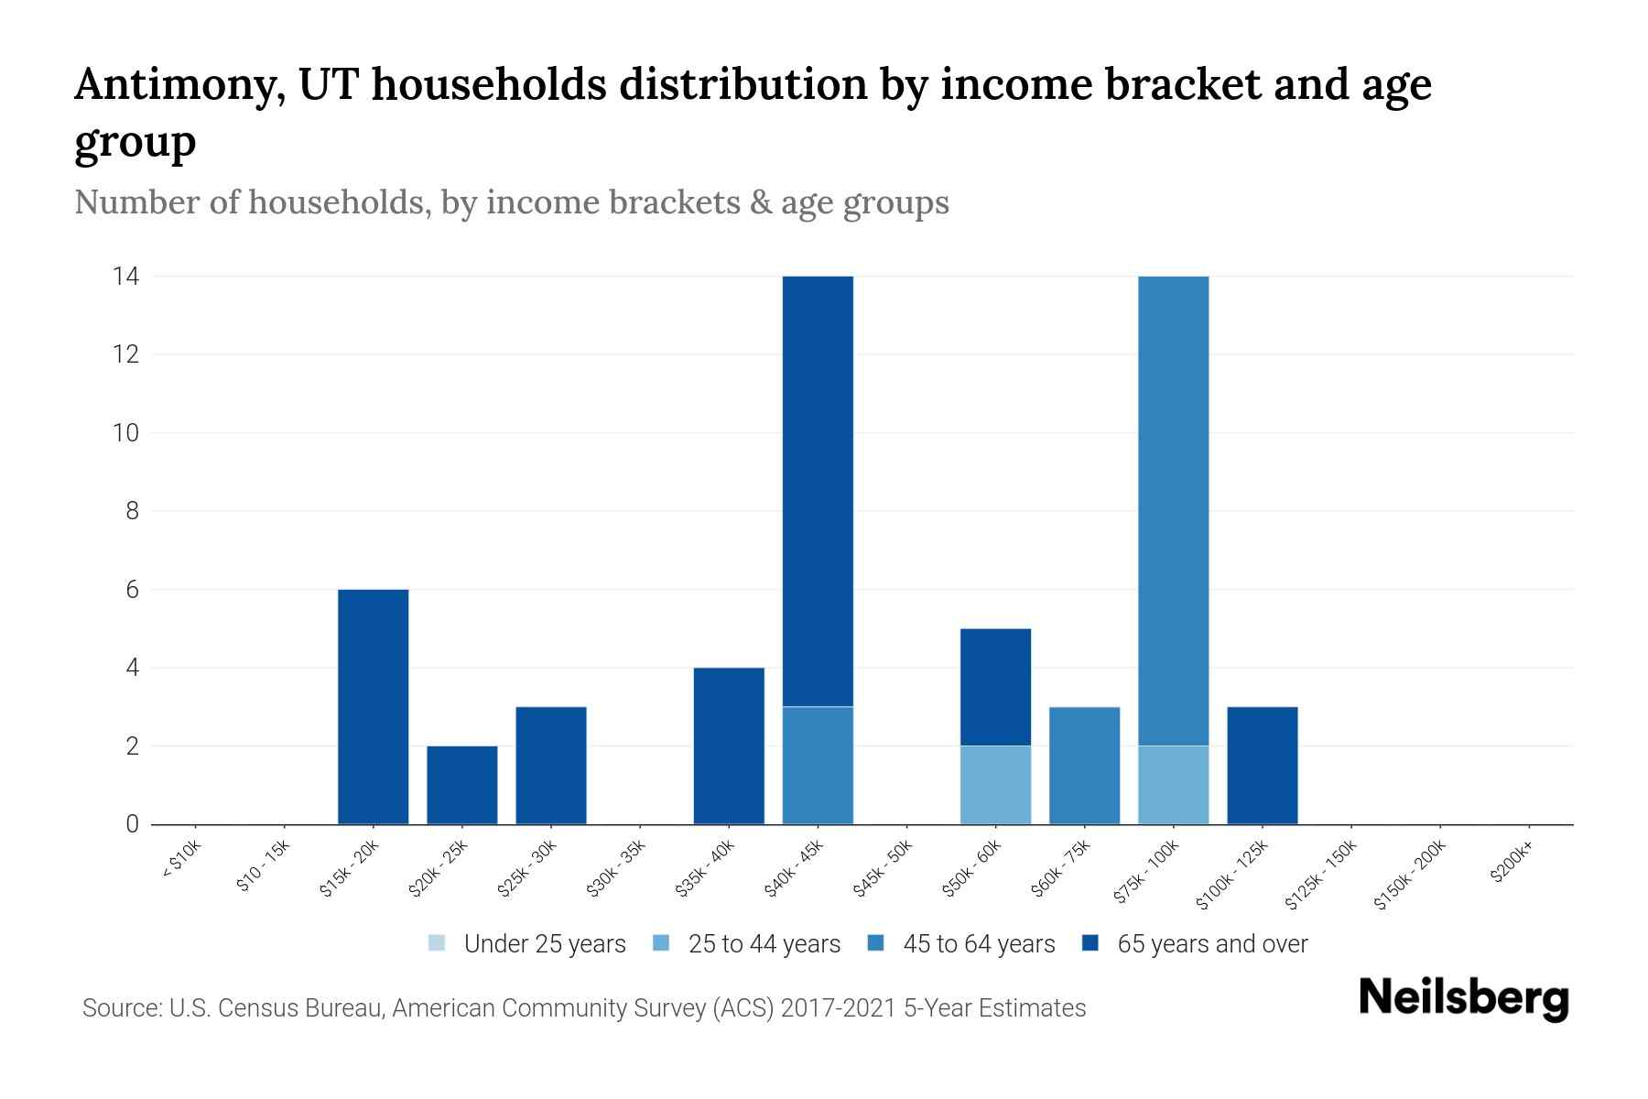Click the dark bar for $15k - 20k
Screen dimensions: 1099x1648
tap(373, 706)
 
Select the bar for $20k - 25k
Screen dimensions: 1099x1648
tap(462, 785)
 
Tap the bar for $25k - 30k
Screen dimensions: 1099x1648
tap(551, 766)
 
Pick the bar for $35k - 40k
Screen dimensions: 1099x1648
tap(729, 745)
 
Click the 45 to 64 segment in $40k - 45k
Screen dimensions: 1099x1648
tap(818, 766)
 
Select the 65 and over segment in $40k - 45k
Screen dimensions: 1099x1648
tap(818, 491)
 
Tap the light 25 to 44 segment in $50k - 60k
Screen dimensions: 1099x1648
tap(995, 785)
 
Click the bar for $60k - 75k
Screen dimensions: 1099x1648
tap(1084, 766)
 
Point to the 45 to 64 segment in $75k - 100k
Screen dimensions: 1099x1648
tap(1173, 511)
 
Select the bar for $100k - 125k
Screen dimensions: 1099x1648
tap(1262, 766)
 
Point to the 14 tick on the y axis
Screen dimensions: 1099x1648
tap(125, 276)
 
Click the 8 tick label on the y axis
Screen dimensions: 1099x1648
tap(133, 511)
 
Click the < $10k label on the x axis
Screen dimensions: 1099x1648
tap(181, 861)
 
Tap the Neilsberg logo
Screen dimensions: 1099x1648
tap(1463, 998)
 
